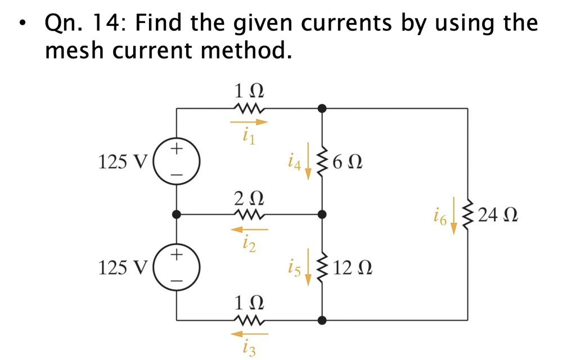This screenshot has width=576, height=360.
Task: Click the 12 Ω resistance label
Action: pos(353,268)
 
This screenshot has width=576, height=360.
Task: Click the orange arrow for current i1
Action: pos(248,121)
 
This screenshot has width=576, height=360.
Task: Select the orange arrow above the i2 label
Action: pos(248,229)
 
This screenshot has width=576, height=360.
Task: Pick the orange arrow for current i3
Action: pos(248,334)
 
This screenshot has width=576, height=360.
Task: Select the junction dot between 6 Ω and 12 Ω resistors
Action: pos(321,214)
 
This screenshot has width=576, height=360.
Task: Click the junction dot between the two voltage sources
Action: pos(177,214)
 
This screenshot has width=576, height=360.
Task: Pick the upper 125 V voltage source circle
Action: pos(177,162)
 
